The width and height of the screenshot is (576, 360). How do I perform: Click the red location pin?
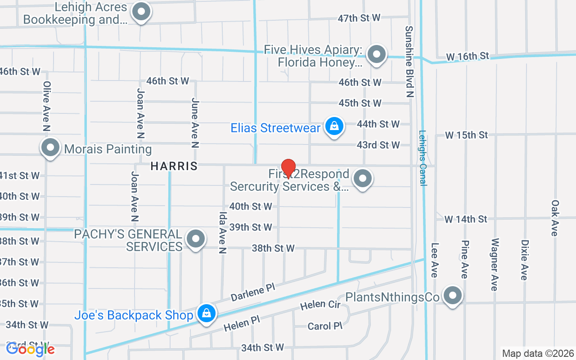point(288,168)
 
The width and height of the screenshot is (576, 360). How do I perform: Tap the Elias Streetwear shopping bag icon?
point(334,126)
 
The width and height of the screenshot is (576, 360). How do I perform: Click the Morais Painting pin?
point(50,148)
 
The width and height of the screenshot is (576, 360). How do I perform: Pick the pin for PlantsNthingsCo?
point(453,296)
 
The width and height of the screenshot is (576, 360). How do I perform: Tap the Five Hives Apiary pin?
point(376,55)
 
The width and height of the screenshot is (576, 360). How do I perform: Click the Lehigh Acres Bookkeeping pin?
point(141,12)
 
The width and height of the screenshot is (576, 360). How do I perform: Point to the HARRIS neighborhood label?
point(174,166)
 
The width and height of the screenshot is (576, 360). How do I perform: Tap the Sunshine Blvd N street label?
point(409,61)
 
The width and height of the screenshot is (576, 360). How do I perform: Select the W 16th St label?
point(468,57)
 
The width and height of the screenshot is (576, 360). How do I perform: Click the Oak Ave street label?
point(554,218)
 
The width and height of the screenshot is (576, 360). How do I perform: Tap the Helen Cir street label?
point(320,305)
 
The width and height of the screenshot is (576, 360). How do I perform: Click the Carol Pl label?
point(326,326)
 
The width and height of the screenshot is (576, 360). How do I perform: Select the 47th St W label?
point(359,18)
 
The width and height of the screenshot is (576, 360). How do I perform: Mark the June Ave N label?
point(195,123)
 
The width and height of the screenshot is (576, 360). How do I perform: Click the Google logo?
point(30,349)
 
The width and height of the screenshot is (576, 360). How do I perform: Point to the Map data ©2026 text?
point(538,353)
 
